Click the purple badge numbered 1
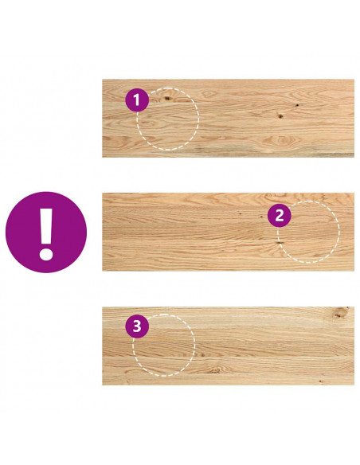[137, 100]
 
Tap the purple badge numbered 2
[280, 216]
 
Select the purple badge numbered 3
[137, 326]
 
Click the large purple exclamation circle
[46, 232]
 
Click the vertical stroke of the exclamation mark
[46, 225]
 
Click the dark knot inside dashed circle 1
[167, 98]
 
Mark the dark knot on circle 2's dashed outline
[279, 243]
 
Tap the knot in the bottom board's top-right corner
[340, 313]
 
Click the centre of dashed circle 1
[167, 119]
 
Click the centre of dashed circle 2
[308, 232]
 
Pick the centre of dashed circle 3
[164, 346]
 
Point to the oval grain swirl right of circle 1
[209, 94]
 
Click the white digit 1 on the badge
[136, 100]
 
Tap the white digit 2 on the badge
[280, 216]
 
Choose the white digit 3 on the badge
[137, 326]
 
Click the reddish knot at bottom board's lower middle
[215, 370]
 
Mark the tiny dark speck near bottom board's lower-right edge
[320, 381]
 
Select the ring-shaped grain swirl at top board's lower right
[282, 140]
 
